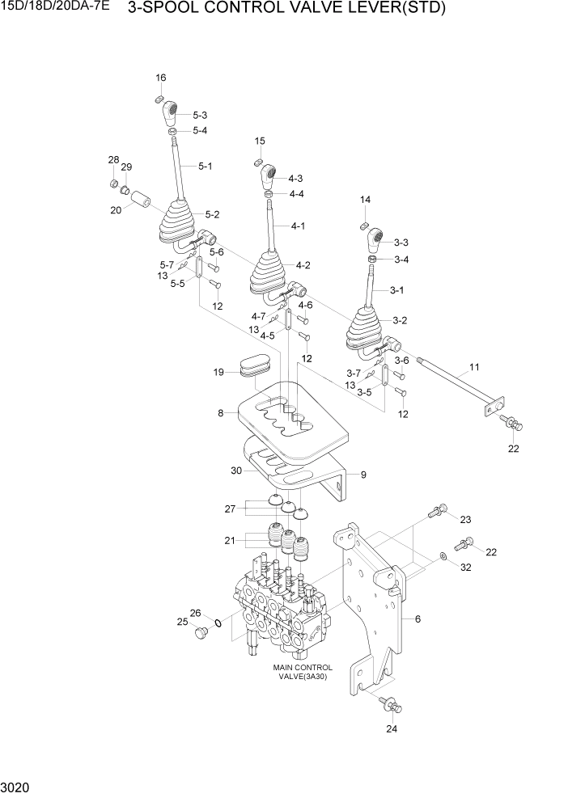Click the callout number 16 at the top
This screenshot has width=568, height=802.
tap(160, 78)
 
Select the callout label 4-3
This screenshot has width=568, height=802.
tap(295, 178)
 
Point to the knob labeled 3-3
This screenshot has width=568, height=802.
tap(375, 240)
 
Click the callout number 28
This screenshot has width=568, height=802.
tap(114, 160)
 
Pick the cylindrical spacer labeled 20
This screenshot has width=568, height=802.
tap(143, 199)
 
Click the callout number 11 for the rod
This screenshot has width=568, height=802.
tap(473, 368)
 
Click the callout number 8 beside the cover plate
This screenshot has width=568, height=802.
tap(219, 412)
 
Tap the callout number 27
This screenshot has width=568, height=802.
tap(229, 509)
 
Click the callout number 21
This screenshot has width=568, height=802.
tap(229, 539)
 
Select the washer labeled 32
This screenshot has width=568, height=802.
tap(443, 557)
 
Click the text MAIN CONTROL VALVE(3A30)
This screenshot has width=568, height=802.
tap(303, 673)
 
